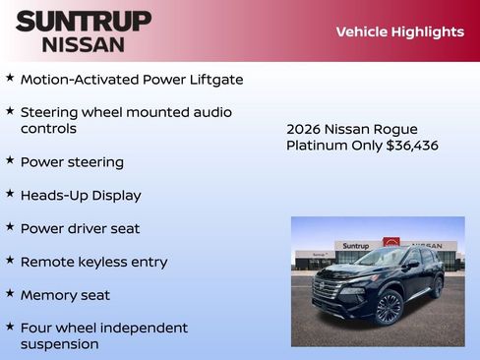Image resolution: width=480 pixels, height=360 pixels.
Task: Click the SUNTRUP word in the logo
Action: (x=84, y=21)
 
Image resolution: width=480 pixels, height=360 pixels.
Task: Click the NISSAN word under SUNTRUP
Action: (x=84, y=44)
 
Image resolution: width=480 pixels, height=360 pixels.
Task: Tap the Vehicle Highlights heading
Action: (x=399, y=31)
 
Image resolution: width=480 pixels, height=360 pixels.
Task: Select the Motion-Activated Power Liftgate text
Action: (x=132, y=79)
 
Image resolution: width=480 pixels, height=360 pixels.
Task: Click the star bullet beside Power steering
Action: (x=10, y=159)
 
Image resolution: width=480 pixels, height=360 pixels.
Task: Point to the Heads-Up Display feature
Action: (x=81, y=195)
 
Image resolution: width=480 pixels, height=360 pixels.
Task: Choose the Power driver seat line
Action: (x=80, y=228)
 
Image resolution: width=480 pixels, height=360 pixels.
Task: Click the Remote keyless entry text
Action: (x=93, y=262)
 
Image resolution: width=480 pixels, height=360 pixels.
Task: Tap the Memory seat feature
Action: (x=65, y=295)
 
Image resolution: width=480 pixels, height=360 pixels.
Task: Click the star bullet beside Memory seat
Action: (x=10, y=293)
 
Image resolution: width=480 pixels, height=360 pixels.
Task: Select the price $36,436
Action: (x=412, y=146)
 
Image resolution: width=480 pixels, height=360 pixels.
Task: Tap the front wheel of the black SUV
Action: (x=390, y=309)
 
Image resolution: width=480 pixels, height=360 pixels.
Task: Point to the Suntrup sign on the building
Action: (x=356, y=246)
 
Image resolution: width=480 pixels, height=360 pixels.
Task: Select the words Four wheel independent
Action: (x=103, y=328)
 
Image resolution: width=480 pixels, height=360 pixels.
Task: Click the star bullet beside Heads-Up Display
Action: (x=10, y=193)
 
